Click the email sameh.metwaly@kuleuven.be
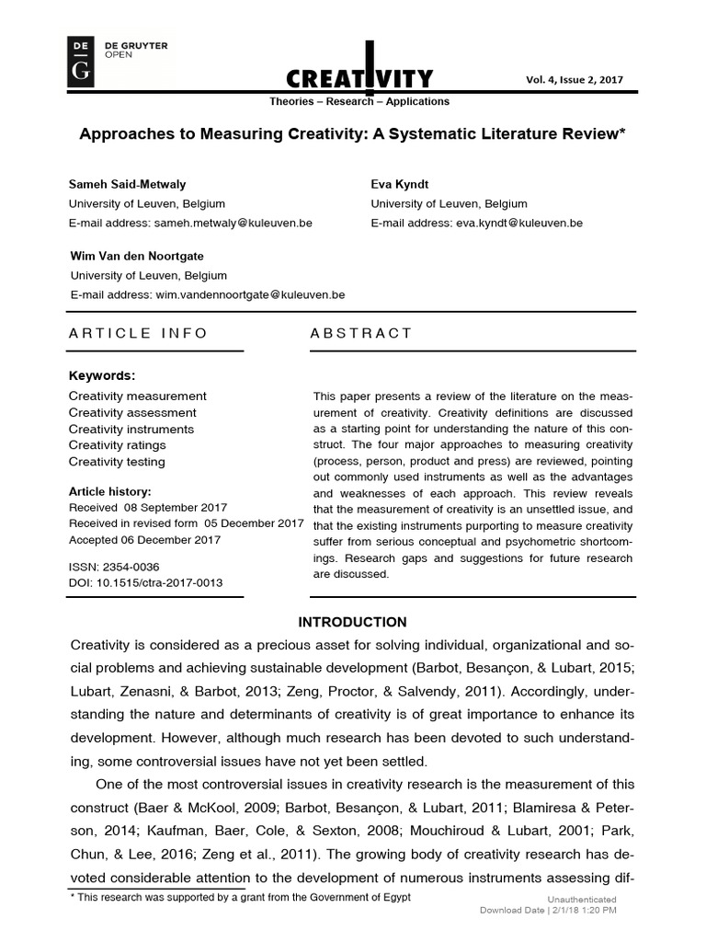coord(233,223)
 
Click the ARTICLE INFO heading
coord(138,333)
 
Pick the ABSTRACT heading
coord(361,333)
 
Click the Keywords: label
coord(102,375)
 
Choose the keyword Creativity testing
coord(117,462)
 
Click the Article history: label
coord(110,491)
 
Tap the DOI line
coord(145,582)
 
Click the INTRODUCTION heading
coord(352,623)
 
